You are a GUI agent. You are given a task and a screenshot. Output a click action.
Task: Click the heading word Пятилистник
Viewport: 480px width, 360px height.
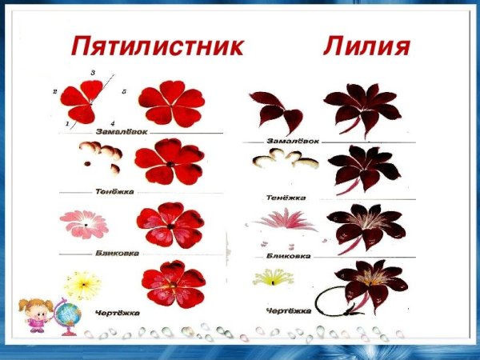[x=158, y=46]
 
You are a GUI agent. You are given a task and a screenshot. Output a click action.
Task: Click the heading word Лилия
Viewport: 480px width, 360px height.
[x=367, y=46]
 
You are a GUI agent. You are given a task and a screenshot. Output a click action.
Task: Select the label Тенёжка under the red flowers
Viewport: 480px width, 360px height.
[x=114, y=191]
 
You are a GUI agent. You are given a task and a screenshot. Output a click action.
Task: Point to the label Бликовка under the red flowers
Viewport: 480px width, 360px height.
[x=118, y=253]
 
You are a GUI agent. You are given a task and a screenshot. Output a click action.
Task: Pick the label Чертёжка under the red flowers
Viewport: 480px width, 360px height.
[x=117, y=312]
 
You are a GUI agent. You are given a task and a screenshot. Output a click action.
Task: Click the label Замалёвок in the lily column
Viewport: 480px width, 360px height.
[x=293, y=141]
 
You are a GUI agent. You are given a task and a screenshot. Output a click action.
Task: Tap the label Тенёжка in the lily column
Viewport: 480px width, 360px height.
[x=287, y=196]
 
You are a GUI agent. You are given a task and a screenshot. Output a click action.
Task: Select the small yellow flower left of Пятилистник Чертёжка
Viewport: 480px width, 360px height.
[x=83, y=284]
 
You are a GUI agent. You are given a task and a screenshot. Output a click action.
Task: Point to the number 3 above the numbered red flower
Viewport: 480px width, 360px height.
[x=94, y=74]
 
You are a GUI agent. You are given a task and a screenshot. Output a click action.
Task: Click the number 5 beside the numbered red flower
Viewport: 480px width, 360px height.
[x=124, y=93]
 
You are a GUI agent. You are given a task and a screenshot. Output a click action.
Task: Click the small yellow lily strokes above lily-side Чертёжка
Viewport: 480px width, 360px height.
[x=274, y=278]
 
